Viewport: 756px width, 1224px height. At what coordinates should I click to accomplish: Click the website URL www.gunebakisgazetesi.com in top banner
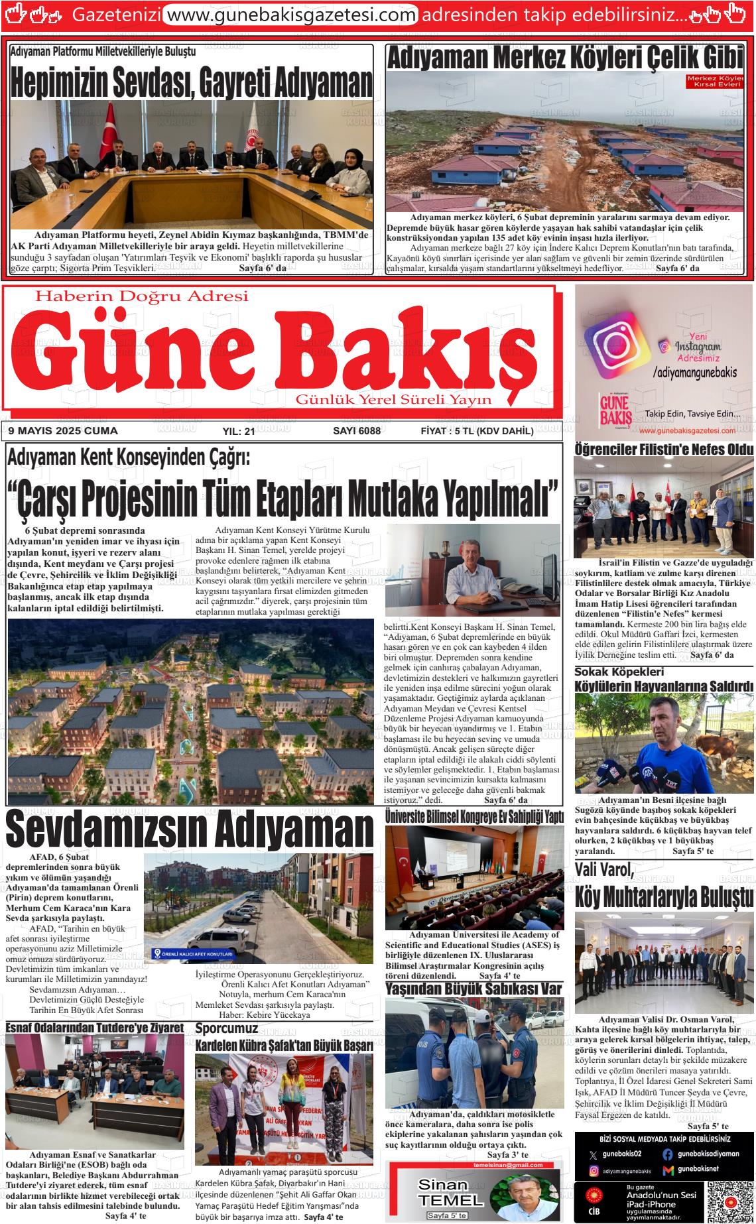[x=290, y=14]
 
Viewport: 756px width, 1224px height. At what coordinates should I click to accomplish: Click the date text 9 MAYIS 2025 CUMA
[x=63, y=431]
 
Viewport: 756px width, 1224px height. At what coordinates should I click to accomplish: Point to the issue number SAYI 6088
[x=356, y=431]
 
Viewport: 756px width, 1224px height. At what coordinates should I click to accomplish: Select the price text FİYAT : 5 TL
[x=477, y=431]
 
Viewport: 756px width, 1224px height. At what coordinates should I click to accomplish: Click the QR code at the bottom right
[x=727, y=1202]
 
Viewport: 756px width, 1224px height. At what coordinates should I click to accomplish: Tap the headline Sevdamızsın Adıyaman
[x=190, y=829]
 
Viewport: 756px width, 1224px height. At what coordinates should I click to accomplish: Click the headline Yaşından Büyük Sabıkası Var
[x=473, y=989]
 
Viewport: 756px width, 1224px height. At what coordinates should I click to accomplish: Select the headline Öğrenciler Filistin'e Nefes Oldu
[x=664, y=450]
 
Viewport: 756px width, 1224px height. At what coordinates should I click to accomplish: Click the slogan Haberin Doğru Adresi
[x=141, y=296]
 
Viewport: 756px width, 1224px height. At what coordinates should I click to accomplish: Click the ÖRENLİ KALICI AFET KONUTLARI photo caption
[x=192, y=954]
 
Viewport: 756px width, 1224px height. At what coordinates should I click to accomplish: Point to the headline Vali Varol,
[x=604, y=869]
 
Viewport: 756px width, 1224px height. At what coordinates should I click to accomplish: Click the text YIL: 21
[x=239, y=432]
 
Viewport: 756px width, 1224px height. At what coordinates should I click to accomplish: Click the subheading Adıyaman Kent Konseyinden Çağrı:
[x=128, y=457]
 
